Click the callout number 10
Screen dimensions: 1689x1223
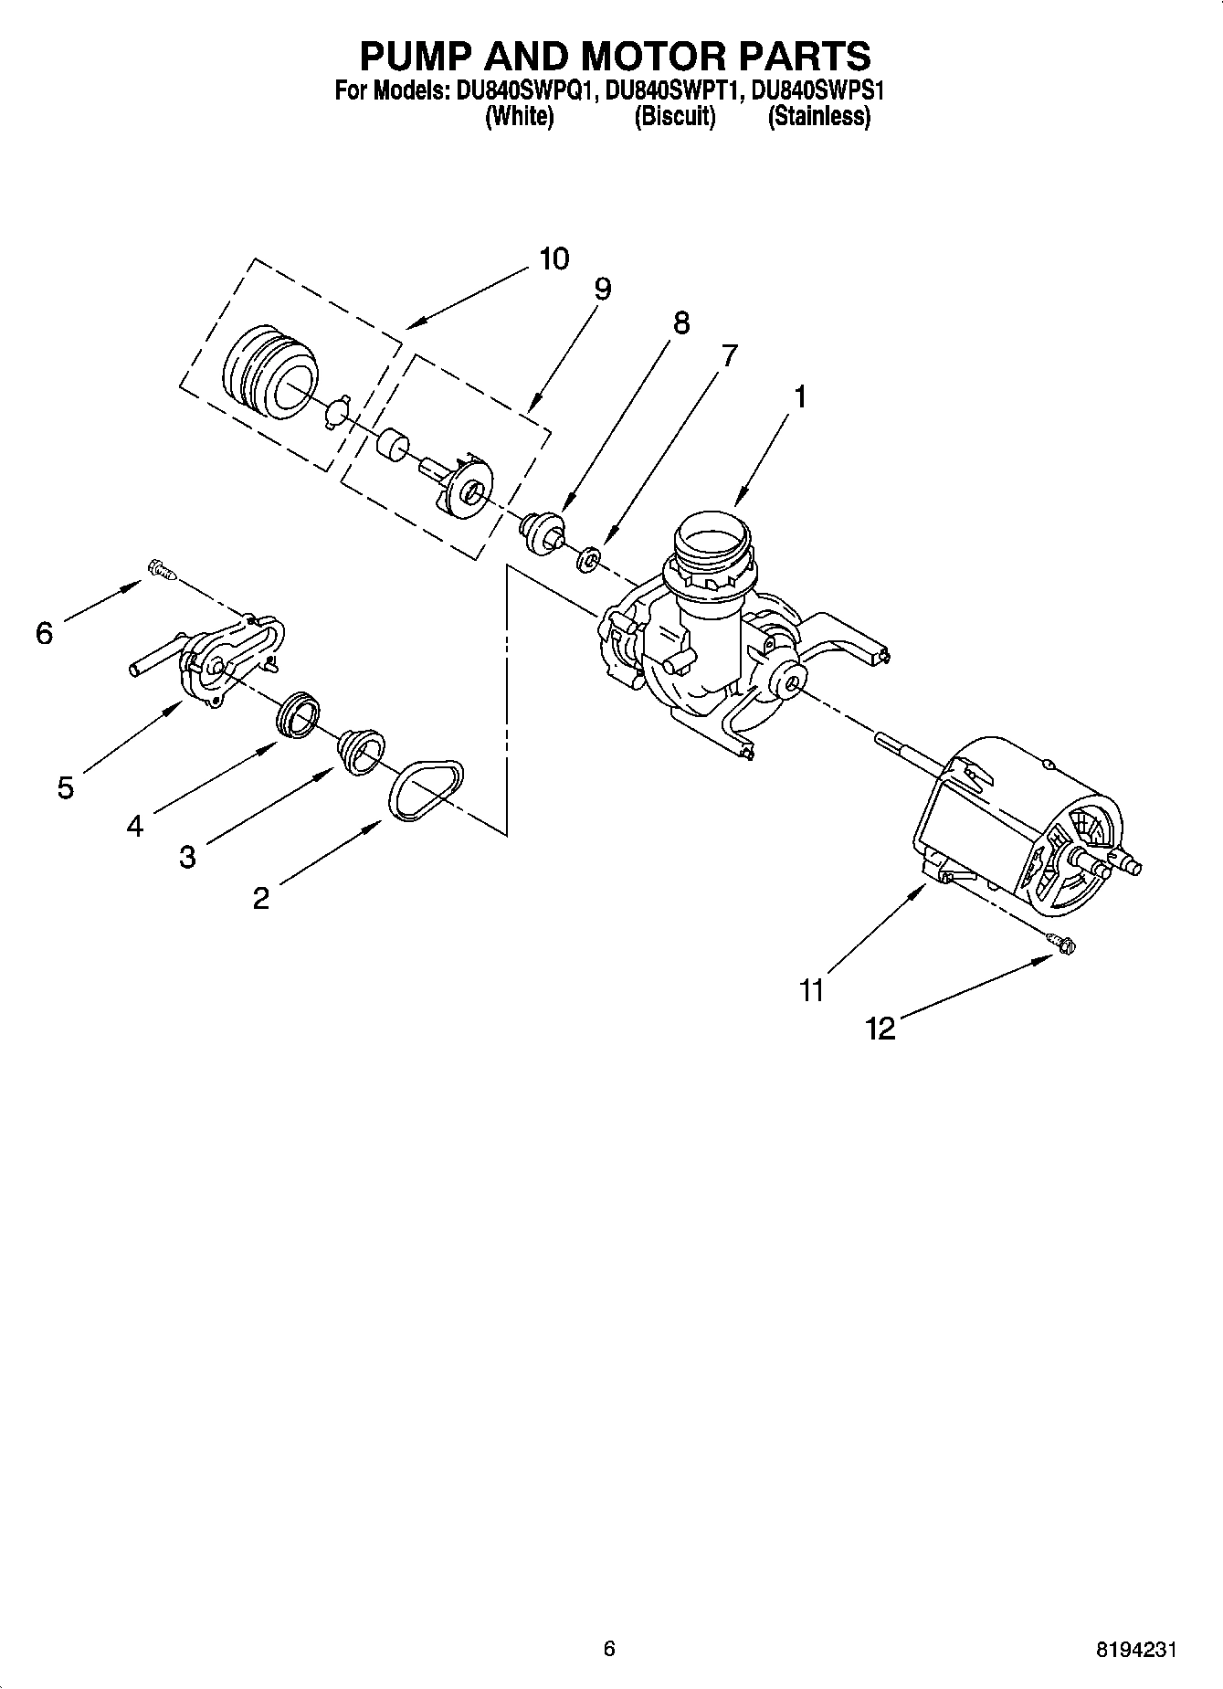coord(554,259)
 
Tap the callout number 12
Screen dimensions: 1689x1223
coord(880,1029)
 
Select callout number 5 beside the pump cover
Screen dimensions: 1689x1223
coord(65,787)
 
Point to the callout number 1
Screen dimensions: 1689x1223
coord(800,397)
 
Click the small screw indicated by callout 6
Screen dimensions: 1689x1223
coord(161,572)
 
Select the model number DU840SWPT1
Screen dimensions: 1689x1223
coord(673,91)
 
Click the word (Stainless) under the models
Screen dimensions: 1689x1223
coord(818,117)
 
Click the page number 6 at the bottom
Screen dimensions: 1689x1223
coord(609,1648)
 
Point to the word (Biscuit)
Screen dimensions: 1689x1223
coord(674,117)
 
